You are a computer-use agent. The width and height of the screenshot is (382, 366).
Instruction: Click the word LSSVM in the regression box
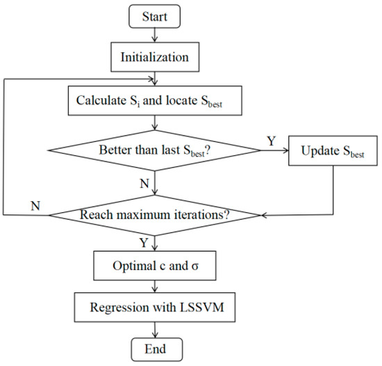point(190,308)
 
